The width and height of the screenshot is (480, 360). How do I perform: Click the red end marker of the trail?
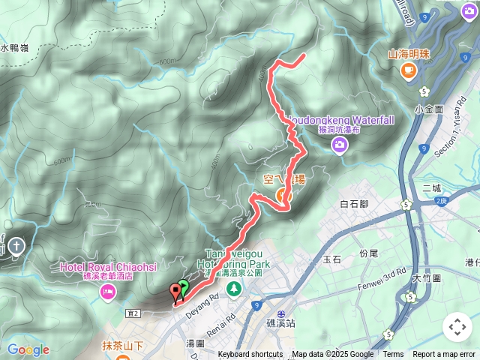[176, 290]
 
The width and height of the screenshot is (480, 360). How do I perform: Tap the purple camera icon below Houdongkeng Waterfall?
[340, 146]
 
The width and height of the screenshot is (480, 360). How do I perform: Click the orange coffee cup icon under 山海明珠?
[409, 70]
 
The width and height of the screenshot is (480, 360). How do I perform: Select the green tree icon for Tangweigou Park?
[234, 287]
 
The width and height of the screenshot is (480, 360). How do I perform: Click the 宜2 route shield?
[134, 292]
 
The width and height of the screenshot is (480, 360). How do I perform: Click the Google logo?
[28, 349]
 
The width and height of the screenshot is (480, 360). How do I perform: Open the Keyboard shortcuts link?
[250, 355]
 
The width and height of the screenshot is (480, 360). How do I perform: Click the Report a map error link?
[444, 355]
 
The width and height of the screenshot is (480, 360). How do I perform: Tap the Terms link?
[393, 355]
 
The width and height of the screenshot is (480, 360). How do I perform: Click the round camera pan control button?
[457, 327]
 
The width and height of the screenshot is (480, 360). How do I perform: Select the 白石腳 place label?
[353, 204]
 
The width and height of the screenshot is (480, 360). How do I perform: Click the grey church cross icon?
[16, 244]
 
